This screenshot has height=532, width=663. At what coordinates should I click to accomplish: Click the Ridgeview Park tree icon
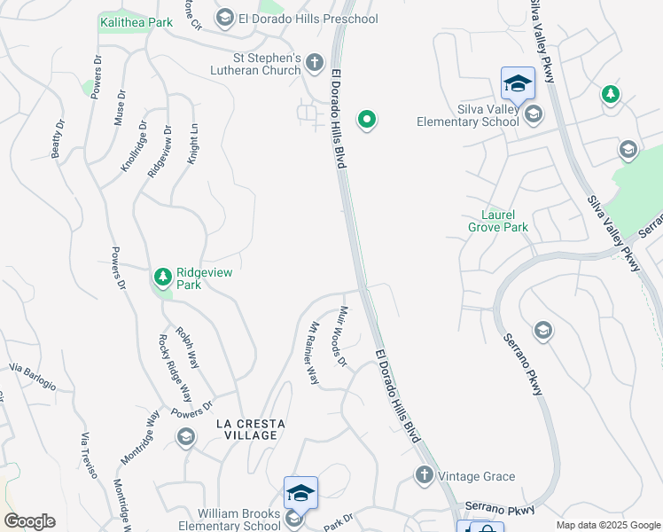click(x=162, y=278)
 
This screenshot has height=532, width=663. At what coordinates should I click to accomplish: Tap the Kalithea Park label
click(x=136, y=22)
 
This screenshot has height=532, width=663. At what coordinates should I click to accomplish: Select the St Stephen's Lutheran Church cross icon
click(x=315, y=63)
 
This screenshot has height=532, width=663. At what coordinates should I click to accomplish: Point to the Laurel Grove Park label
click(x=498, y=221)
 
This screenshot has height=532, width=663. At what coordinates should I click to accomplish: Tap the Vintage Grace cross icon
click(x=424, y=476)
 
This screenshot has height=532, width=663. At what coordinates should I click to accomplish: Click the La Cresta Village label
click(x=251, y=429)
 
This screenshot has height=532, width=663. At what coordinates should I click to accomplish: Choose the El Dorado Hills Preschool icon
click(x=224, y=19)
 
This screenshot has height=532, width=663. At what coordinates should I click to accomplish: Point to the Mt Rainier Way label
click(x=308, y=352)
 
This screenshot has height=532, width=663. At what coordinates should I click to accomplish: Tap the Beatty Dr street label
click(x=58, y=139)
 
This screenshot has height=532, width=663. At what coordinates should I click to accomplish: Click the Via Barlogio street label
click(x=32, y=377)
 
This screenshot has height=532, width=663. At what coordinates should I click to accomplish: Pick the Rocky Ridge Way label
click(x=175, y=368)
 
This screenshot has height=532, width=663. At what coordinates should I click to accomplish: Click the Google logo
click(x=29, y=521)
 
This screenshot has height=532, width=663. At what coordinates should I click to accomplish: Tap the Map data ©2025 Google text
click(x=607, y=525)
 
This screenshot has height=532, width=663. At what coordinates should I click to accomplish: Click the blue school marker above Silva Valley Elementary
click(x=518, y=83)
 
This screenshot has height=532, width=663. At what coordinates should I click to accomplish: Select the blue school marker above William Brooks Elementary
click(x=300, y=492)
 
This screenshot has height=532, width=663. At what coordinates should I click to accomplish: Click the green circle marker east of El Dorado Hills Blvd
click(x=366, y=120)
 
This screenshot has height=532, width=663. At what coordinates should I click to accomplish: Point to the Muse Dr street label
click(x=120, y=107)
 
